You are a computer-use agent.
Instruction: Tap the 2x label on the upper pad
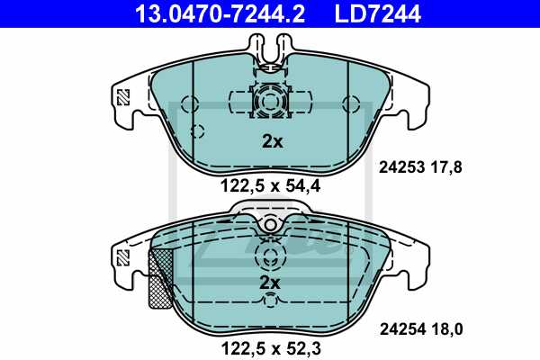[271, 141]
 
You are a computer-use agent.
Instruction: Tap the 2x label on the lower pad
[271, 283]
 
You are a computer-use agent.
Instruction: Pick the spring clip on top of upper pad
[271, 52]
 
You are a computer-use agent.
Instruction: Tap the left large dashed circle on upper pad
[188, 103]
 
